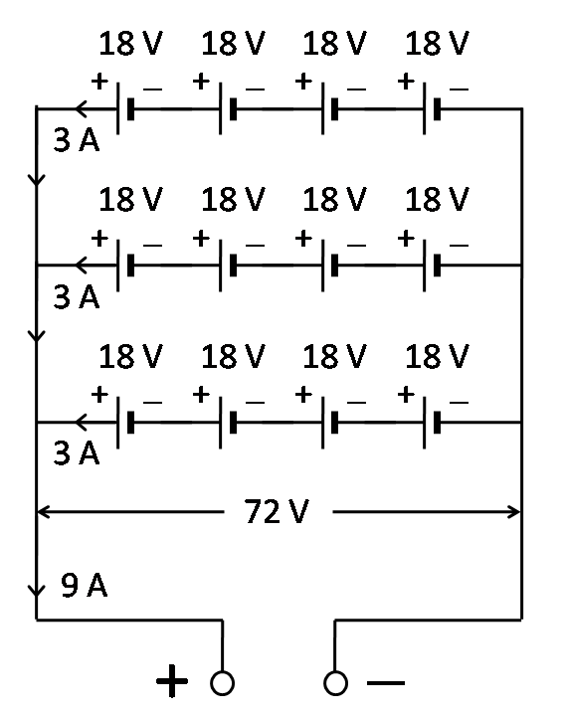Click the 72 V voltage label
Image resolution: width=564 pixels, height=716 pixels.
(x=278, y=513)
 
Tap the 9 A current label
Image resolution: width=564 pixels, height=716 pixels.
(x=85, y=586)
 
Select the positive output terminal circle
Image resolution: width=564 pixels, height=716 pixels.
(x=222, y=682)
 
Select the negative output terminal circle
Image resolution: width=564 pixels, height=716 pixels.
(x=335, y=682)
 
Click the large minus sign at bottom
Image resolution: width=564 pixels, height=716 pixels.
(x=386, y=682)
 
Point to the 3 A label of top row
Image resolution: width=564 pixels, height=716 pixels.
(x=76, y=140)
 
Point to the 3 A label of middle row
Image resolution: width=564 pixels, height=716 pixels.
(x=76, y=296)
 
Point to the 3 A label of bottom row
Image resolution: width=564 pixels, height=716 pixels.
(x=76, y=452)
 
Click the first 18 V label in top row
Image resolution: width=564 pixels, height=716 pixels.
(x=130, y=44)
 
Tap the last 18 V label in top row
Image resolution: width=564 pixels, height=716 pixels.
(x=437, y=44)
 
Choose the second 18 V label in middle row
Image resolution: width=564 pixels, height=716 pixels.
(x=233, y=200)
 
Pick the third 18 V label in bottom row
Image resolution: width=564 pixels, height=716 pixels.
(x=334, y=356)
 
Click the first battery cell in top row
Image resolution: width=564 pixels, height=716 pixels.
(x=124, y=108)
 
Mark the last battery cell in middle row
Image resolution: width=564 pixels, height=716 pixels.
(x=431, y=265)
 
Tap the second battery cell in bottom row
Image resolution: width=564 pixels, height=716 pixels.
(x=227, y=422)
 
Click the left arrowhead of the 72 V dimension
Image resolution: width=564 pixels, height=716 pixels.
(x=43, y=513)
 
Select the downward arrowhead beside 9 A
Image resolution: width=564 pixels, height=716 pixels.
(x=37, y=592)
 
